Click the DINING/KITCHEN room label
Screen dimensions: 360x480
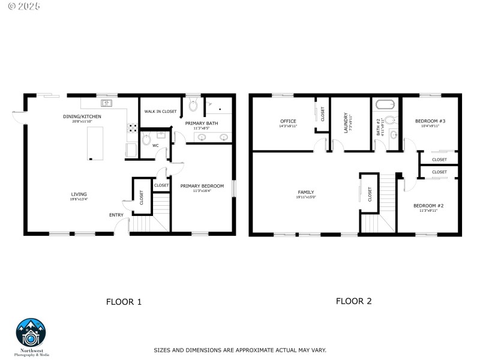click(82, 116)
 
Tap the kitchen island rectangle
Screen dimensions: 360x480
click(95, 143)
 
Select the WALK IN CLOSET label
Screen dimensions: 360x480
click(160, 112)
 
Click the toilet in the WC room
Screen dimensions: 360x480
click(147, 140)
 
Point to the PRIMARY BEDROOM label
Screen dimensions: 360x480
click(202, 186)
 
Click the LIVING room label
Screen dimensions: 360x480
click(79, 194)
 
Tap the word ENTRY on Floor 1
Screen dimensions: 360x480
click(116, 215)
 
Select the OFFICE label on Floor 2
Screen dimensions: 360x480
click(288, 121)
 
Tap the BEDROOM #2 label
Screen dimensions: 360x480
click(428, 206)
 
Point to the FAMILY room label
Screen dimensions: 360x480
click(306, 192)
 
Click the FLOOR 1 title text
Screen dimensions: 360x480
click(124, 302)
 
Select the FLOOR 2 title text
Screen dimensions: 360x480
click(353, 301)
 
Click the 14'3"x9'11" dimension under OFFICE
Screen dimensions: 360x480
click(288, 127)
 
